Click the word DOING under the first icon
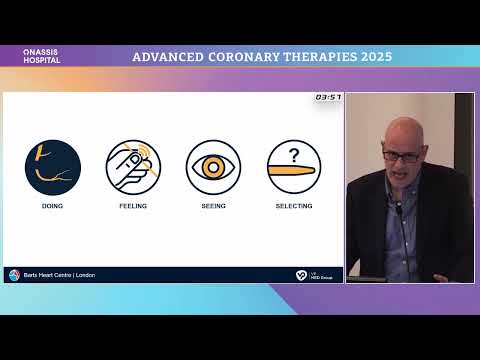[x=52, y=205]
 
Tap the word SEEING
[x=213, y=205]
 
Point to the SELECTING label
[x=294, y=205]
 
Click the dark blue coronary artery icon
[x=52, y=167]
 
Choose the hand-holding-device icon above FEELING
[x=132, y=167]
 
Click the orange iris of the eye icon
[x=213, y=167]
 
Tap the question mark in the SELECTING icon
[x=294, y=155]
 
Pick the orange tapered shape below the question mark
[x=294, y=176]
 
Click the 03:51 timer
[x=328, y=97]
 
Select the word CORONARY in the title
[x=254, y=56]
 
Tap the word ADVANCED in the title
[x=171, y=56]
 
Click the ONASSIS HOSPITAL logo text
[x=42, y=56]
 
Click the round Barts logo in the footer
[x=14, y=274]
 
